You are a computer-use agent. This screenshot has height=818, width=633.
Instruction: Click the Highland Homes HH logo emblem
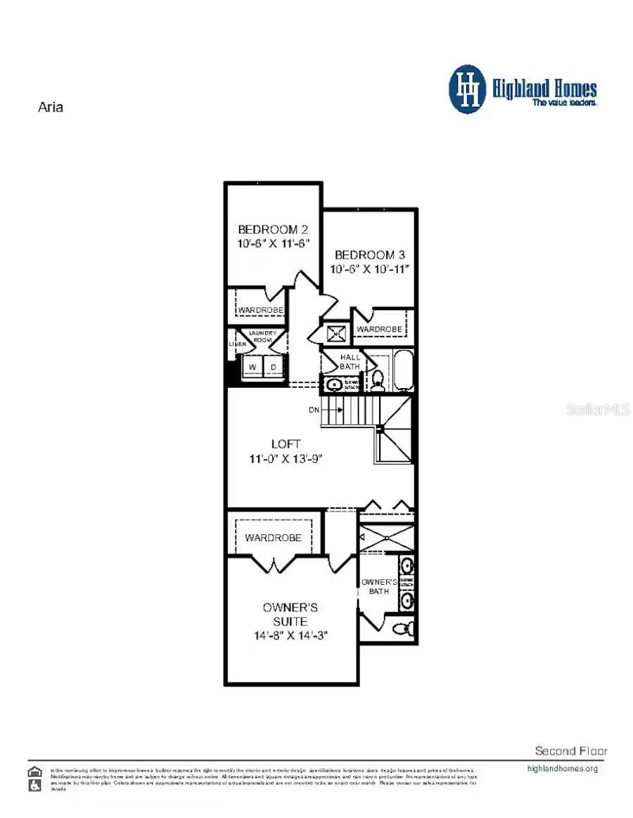[x=468, y=89]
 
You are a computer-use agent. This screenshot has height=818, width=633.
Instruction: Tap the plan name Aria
[x=50, y=108]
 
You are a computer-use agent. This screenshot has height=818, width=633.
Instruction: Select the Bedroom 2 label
[x=273, y=229]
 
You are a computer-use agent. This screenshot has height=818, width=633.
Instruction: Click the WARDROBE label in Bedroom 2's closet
[x=260, y=310]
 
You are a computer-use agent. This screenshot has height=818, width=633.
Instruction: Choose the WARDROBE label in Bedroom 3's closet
[x=379, y=329]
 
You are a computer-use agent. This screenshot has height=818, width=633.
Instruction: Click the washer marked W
[x=251, y=367]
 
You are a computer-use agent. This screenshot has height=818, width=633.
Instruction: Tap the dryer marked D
[x=274, y=367]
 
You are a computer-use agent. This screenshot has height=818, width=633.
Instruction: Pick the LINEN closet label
[x=236, y=344]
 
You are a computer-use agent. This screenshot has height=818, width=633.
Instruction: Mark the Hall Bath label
[x=350, y=362]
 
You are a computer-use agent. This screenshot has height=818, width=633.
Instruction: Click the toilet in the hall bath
[x=377, y=380]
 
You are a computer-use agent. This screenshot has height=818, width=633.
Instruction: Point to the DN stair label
[x=314, y=409]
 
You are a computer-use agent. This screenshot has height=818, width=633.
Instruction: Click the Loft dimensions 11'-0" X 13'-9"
[x=286, y=458]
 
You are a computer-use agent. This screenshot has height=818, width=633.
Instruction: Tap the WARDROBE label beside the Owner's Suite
[x=273, y=538]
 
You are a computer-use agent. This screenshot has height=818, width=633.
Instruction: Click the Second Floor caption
[x=571, y=751]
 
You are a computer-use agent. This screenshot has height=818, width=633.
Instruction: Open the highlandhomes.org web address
[x=562, y=768]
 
